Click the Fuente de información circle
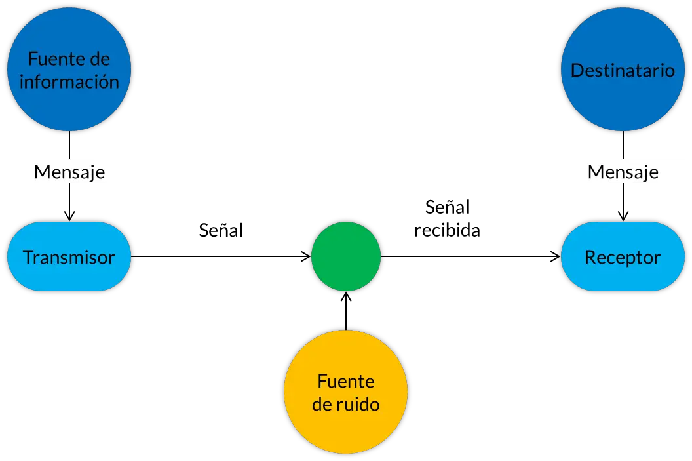[69, 70]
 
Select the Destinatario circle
[623, 70]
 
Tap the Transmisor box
[69, 256]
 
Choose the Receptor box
[623, 256]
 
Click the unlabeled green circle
[346, 256]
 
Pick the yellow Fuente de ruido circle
[346, 391]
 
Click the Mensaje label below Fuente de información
[69, 172]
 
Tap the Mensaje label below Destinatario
[623, 172]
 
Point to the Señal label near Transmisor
[221, 230]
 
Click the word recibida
[447, 230]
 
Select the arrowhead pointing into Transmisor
[69, 216]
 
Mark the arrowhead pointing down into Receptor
[623, 216]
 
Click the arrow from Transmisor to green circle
[221, 256]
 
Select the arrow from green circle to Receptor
[471, 256]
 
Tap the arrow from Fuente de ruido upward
[346, 311]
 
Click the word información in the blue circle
[69, 82]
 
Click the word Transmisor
[69, 257]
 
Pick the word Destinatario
[623, 70]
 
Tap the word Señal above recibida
[447, 207]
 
